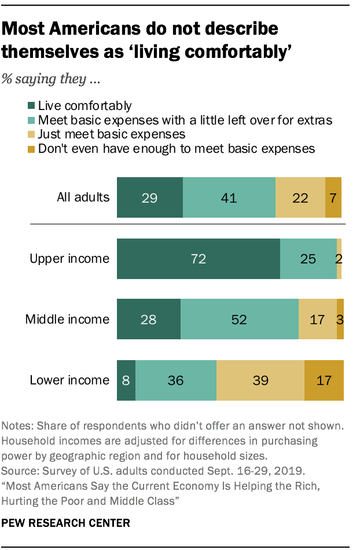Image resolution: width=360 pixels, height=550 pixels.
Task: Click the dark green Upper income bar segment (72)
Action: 199,258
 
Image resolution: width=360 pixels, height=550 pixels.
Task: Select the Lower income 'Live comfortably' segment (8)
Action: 126,380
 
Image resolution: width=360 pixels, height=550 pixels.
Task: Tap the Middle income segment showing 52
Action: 240,319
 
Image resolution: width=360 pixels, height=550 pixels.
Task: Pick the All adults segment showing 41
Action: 229,197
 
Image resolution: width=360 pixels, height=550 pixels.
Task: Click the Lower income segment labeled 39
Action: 260,380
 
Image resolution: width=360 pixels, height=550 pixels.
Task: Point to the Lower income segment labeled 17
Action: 324,380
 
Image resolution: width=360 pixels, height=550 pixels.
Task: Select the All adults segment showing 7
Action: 333,197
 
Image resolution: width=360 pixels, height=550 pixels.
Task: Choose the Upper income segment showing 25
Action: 308,258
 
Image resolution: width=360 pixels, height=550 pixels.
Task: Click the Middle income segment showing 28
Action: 149,319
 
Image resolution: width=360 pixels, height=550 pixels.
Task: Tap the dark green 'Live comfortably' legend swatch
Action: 32,106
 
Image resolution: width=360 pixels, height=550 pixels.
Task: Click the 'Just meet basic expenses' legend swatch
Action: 32,134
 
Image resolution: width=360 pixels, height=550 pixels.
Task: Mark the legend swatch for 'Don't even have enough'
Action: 32,149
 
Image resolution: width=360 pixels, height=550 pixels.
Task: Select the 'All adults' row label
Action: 83,197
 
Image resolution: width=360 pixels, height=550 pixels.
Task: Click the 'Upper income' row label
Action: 69,258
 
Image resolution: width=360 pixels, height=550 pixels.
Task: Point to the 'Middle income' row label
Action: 67,319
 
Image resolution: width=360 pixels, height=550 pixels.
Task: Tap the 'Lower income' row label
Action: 69,380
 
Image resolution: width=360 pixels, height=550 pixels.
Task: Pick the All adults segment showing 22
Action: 300,197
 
